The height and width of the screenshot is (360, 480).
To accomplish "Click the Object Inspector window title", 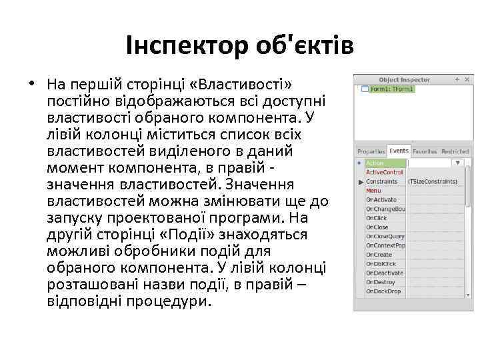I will point(404,79).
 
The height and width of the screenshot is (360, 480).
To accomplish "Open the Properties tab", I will point(371,151).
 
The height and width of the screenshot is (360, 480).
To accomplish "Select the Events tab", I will point(399,151).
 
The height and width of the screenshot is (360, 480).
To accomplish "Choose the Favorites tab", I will point(425,151).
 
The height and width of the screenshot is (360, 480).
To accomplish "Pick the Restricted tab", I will point(455,151).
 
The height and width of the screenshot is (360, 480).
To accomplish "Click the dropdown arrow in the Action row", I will point(458,163).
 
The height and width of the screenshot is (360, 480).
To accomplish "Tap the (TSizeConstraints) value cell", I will point(433,181).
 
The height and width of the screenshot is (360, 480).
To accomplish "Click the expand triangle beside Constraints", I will point(361,181).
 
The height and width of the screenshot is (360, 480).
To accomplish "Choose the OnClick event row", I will point(377,218).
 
